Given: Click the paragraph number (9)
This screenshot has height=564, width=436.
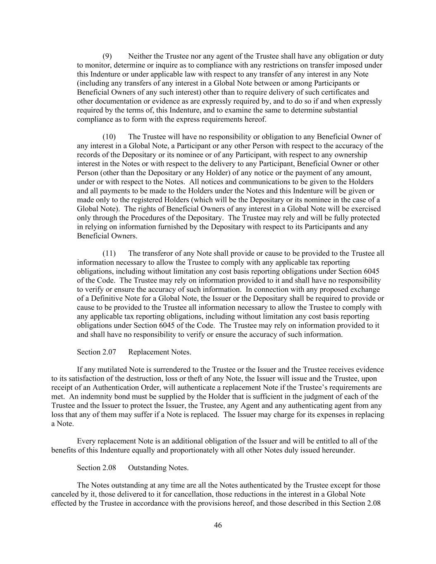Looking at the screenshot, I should coord(107,56).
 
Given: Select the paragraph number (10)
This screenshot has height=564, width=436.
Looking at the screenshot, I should coord(109,137).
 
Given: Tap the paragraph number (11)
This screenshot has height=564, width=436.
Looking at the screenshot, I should coord(109,253).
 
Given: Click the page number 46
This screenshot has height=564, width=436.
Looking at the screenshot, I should coord(218,525).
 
